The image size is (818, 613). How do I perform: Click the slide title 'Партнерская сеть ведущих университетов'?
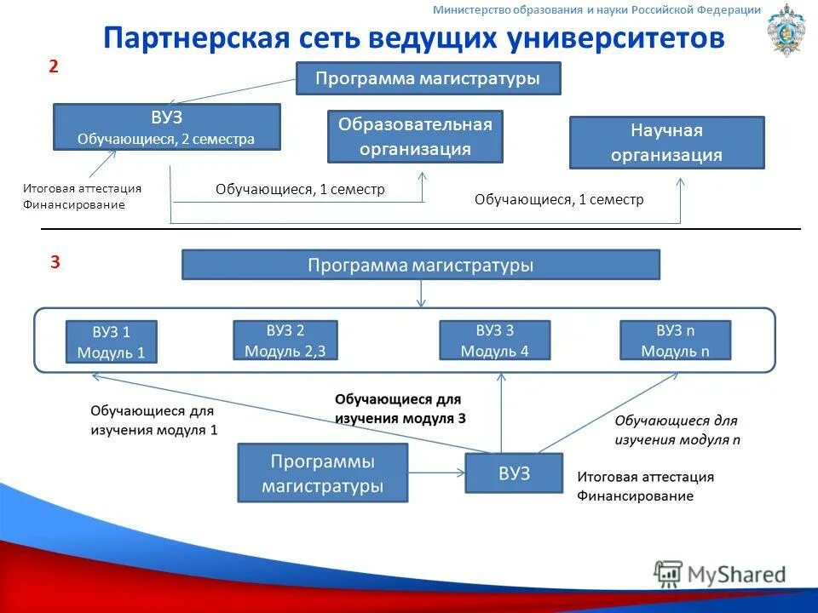pos(414,37)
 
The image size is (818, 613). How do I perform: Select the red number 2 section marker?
pos(53,67)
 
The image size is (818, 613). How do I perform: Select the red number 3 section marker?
pos(55,262)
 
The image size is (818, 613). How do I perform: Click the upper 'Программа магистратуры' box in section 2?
pos(428,78)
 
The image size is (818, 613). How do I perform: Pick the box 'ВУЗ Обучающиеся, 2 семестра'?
pos(166,127)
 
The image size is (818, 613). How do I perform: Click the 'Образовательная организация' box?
pos(415,136)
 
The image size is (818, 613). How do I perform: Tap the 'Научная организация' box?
pos(666,142)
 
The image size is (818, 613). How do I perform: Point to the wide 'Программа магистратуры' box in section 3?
pos(421,265)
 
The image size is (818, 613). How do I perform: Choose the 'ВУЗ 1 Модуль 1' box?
pos(112,341)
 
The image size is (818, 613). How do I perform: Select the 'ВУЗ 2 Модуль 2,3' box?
pos(285,340)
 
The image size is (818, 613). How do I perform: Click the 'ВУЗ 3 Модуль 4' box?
pos(494,340)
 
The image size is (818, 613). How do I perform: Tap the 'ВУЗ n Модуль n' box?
pos(675,340)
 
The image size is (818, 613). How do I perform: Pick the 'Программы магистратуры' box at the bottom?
pos(322,473)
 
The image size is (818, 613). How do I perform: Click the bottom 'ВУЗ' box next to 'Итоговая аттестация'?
pos(514,473)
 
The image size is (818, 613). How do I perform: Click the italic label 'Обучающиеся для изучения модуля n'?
pos(677,430)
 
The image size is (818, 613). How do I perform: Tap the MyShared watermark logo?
pos(720,575)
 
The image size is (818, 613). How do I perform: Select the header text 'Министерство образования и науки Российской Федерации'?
pos(596,10)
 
